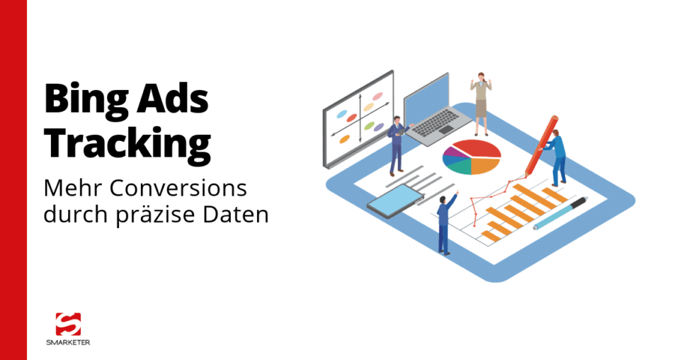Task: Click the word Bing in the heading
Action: click(84, 99)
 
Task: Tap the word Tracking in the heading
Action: click(127, 142)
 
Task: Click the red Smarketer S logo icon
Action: click(68, 325)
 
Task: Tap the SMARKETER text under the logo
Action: click(68, 342)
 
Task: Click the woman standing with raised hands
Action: click(481, 103)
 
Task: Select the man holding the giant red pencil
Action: click(557, 157)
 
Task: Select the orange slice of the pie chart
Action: click(487, 164)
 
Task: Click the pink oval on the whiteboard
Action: click(377, 96)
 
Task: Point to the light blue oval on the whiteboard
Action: click(341, 114)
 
